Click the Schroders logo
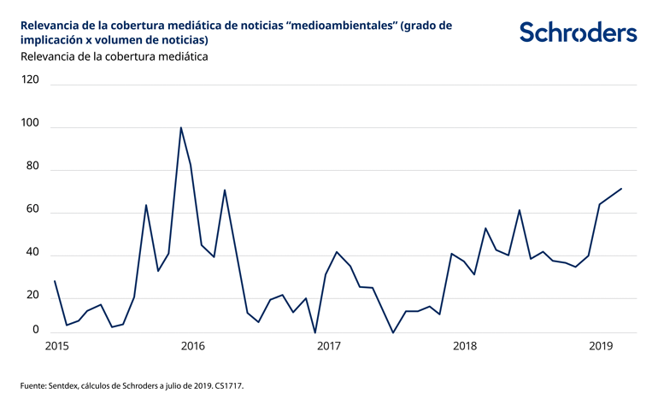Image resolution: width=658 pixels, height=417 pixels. coord(578,32)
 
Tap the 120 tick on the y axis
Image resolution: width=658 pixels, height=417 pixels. coord(31,79)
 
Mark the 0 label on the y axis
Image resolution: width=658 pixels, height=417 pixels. coord(35,330)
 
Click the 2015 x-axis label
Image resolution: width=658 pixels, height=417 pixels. coord(56,346)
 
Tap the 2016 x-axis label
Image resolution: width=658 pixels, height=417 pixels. coord(193,346)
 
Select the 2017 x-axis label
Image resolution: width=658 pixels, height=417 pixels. coord(328,346)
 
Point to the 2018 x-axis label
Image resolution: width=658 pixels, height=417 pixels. coord(465,346)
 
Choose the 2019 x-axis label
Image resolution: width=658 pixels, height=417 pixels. coord(602,346)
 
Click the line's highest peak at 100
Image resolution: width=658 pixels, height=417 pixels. coord(181,127)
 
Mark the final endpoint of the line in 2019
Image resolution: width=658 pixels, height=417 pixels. coord(621,189)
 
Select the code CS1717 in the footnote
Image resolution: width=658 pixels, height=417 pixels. coord(227,386)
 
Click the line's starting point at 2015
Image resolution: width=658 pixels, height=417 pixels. coord(55,281)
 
